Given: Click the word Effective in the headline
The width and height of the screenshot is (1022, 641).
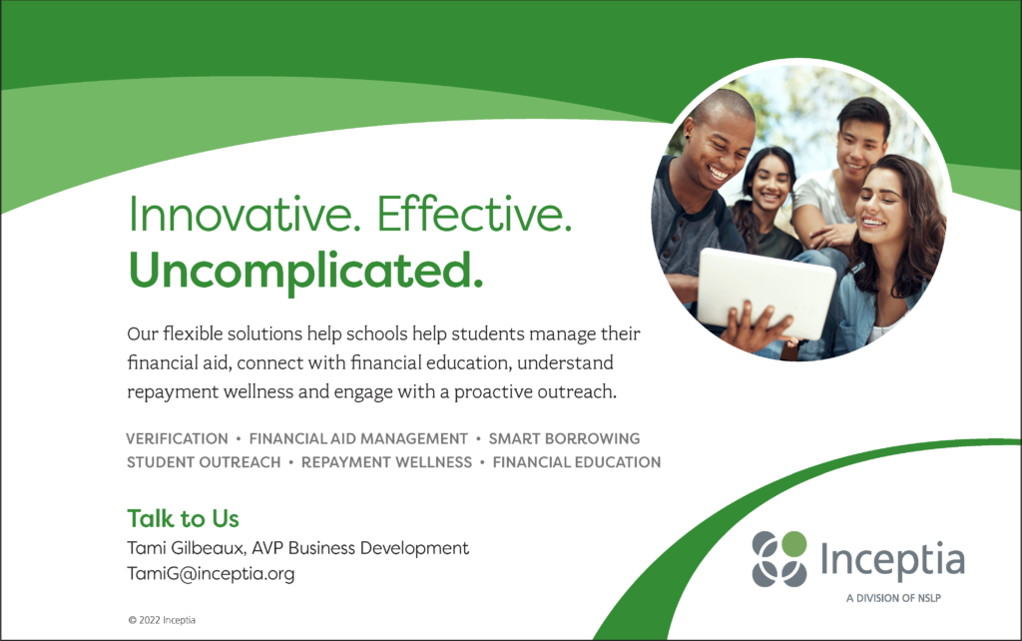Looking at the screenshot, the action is pos(474,214).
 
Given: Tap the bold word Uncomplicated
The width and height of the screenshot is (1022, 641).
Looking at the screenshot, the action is pos(305,272).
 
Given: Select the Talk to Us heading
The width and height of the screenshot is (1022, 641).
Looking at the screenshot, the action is pos(184,518).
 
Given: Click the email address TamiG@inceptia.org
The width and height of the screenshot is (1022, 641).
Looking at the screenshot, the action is pos(211,574).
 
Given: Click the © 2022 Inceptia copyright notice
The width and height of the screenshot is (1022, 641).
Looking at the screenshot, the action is pos(162,620).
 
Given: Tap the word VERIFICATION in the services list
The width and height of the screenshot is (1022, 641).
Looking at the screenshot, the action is pos(178,439).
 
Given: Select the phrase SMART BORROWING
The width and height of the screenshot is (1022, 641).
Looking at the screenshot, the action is pos(565,439).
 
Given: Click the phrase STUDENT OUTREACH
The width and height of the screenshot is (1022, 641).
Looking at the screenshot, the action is pos(204,462).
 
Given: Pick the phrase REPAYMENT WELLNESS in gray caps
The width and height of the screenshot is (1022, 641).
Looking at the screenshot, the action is pos(386,462).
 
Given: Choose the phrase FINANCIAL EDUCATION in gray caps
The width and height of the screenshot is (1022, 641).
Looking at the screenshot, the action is pos(577,462).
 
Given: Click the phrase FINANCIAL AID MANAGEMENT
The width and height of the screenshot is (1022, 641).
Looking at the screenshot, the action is pos(358,439).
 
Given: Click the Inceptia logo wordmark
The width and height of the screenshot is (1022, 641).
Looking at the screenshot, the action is pos(892,560).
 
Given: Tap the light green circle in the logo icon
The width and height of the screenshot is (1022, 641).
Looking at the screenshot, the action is pos(793,544).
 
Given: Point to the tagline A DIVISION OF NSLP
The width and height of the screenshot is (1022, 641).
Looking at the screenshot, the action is pos(893,598).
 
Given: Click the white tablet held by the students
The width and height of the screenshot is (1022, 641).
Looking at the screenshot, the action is pos(766,293).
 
